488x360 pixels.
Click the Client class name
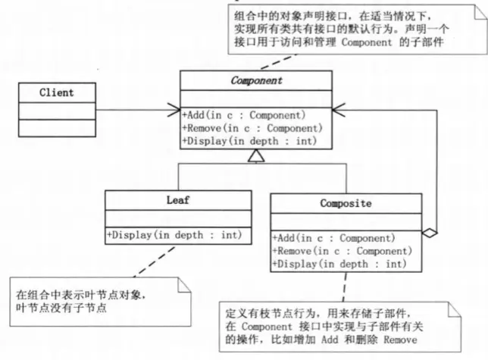(x=57, y=92)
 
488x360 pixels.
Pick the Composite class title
(x=346, y=203)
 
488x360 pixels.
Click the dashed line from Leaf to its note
(x=143, y=262)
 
